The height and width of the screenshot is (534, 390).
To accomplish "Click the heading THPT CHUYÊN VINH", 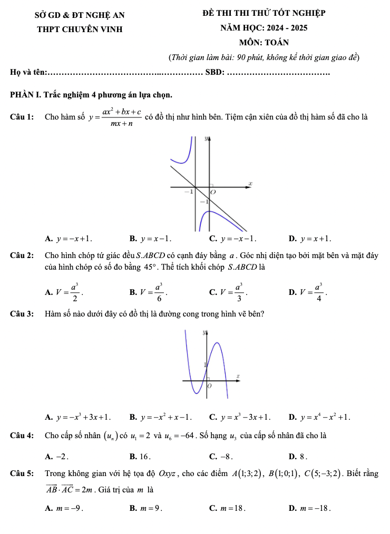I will (80, 29).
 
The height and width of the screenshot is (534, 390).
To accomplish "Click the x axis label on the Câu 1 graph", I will (250, 182).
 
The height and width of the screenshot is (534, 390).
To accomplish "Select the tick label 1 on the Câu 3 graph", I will (205, 364).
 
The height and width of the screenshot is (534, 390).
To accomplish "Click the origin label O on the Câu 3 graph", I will (209, 387).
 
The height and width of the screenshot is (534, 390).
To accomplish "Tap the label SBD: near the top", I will (214, 72).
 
